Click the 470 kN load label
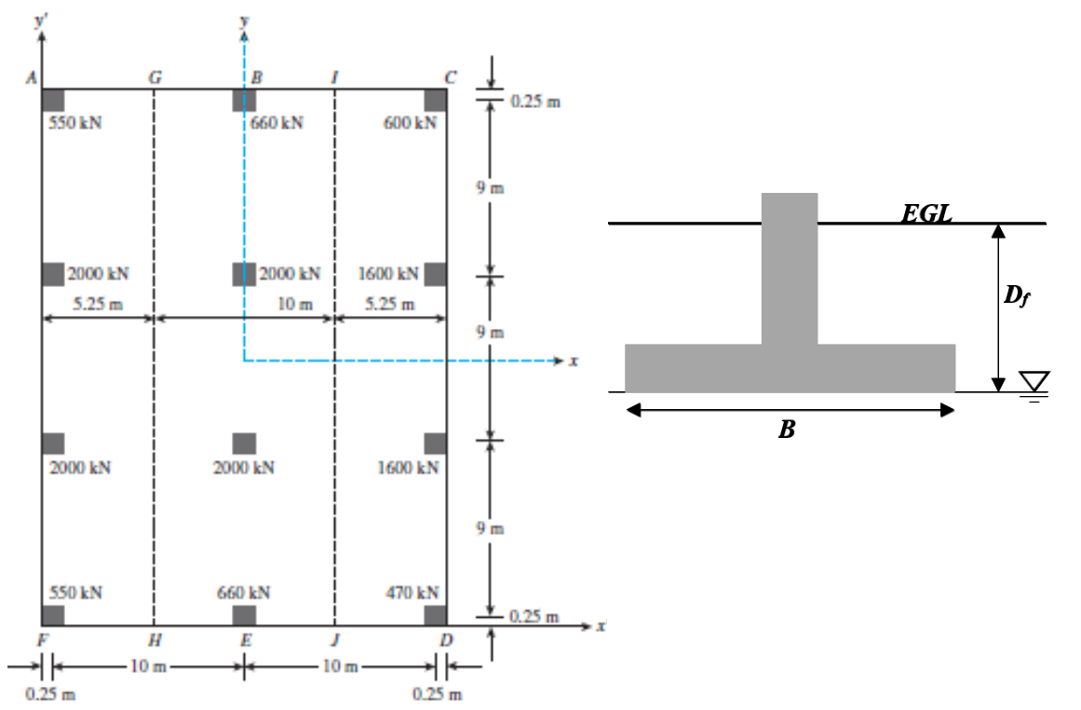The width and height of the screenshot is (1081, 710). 412,593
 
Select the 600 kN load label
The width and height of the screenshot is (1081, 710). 411,123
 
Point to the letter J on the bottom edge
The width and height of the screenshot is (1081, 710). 334,640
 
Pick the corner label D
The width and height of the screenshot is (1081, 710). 446,640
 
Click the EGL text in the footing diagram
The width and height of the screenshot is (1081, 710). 926,213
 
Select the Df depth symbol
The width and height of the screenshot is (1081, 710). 1019,296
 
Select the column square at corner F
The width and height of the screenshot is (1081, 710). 53,615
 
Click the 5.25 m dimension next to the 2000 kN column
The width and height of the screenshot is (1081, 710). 98,304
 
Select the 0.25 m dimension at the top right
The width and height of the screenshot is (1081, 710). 536,101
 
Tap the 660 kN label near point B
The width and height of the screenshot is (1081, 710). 277,123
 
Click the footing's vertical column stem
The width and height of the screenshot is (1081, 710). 789,268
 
